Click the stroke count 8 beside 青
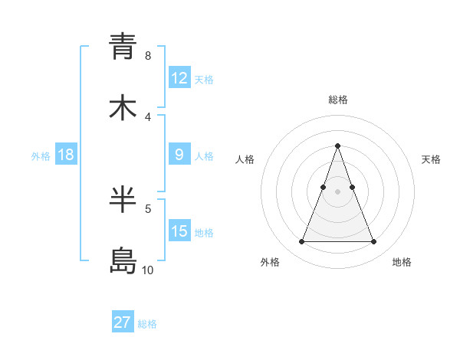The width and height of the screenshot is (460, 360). (147, 55)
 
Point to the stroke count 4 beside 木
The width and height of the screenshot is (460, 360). (147, 116)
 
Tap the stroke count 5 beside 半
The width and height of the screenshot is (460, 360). (147, 208)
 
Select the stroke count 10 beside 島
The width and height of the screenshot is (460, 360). (147, 270)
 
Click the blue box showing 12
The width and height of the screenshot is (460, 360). (179, 78)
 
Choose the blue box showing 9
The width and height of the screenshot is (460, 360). (179, 155)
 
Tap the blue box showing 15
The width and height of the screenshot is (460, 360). (179, 231)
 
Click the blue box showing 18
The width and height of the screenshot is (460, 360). (66, 155)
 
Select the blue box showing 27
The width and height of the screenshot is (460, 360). (123, 322)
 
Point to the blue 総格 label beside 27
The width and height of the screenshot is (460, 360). (147, 324)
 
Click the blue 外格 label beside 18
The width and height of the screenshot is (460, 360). (41, 156)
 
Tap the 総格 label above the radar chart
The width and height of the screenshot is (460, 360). (337, 100)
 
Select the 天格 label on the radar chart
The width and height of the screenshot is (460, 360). (431, 159)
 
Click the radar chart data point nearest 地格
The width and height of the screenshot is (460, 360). (374, 242)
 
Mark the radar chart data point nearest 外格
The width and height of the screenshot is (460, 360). (301, 242)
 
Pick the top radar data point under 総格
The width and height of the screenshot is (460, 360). (337, 145)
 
